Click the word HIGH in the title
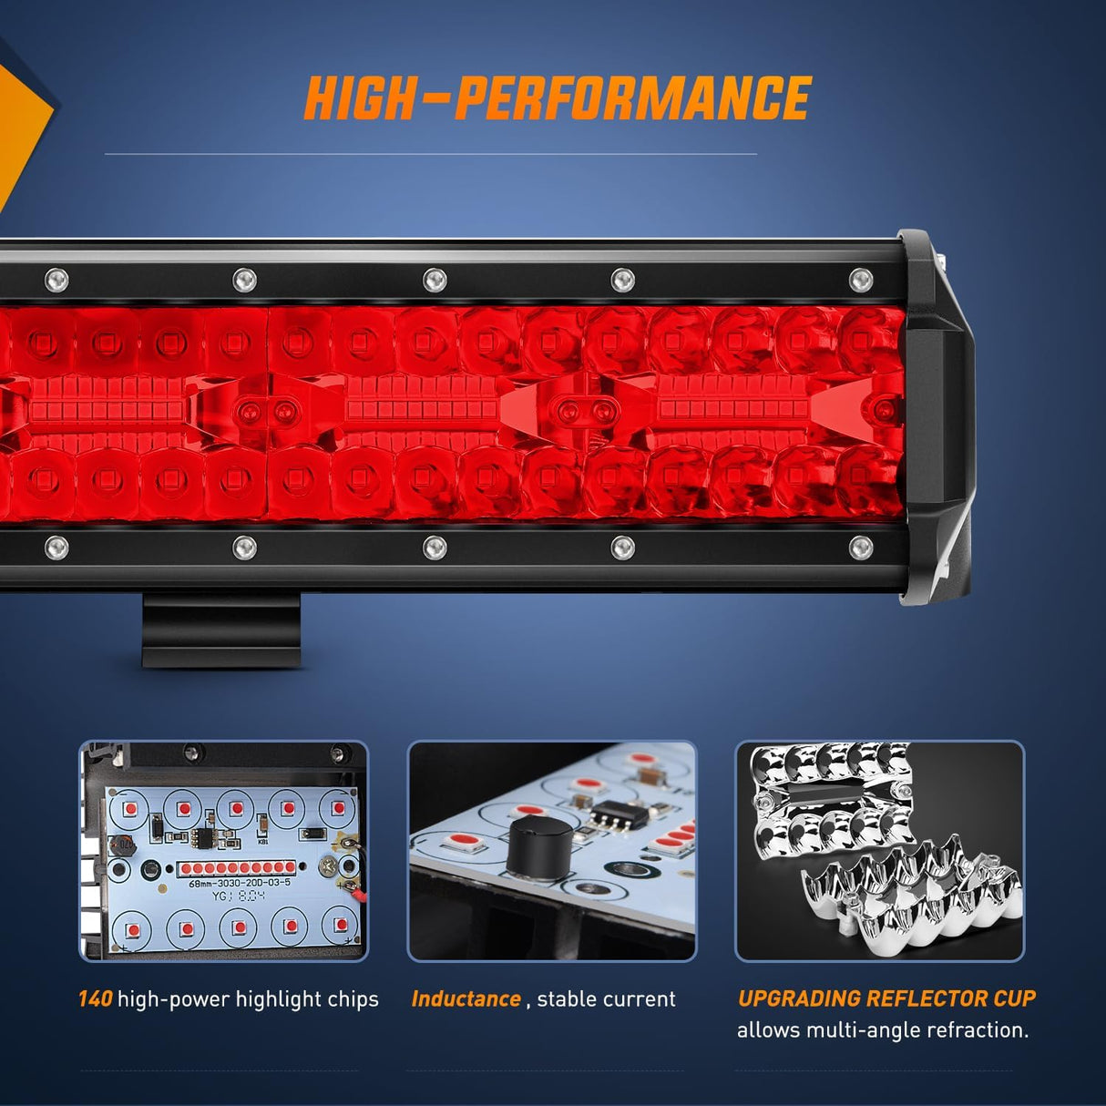[x=360, y=98]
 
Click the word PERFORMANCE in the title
[x=632, y=98]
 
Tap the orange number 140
[x=95, y=999]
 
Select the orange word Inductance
[x=466, y=999]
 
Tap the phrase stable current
[x=606, y=999]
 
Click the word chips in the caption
[x=353, y=999]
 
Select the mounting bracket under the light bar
[x=221, y=630]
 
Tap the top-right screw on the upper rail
[x=860, y=280]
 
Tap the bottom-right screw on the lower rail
[x=860, y=548]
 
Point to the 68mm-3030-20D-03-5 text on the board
[x=240, y=883]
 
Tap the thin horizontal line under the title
[x=430, y=154]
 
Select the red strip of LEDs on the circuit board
[x=237, y=868]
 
